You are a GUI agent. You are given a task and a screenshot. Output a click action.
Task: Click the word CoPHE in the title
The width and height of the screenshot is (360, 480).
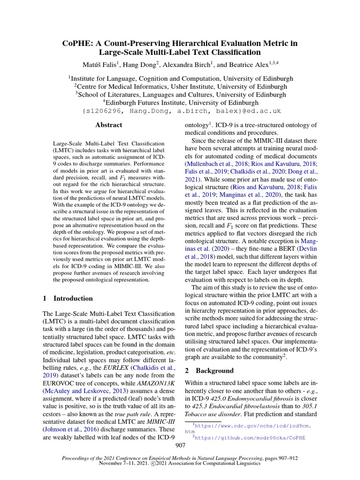tap(75, 43)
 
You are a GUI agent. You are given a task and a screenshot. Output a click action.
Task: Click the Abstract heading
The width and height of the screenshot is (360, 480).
tap(108, 125)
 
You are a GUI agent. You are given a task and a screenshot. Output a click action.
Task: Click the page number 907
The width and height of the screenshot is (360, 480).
tap(180, 445)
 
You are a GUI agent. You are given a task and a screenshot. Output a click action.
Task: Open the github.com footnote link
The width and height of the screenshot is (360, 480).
tap(250, 437)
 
